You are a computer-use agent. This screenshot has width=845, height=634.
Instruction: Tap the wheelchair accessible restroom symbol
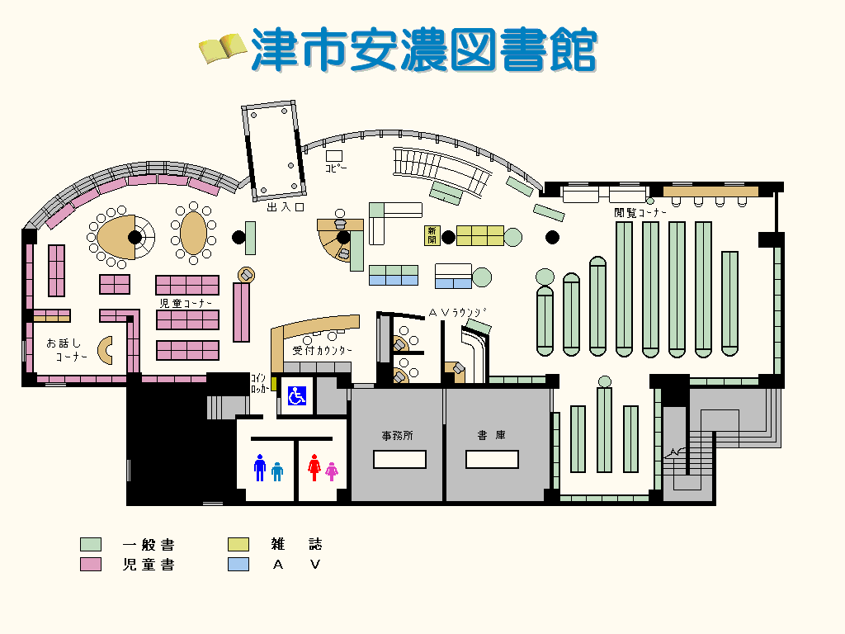[x=296, y=395]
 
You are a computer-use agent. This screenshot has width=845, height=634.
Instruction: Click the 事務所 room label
[x=397, y=435]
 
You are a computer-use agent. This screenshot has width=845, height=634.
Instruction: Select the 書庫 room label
[x=491, y=435]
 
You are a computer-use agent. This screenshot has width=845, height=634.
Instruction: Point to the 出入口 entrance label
[x=286, y=207]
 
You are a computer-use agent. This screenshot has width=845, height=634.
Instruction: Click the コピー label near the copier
[x=336, y=168]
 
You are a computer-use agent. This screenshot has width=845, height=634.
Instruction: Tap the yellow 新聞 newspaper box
[x=432, y=235]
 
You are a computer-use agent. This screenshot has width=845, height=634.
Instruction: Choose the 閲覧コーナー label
[x=640, y=212]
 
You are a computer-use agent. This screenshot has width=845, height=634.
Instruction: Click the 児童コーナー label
[x=186, y=304]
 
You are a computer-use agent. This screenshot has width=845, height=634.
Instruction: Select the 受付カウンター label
[x=323, y=351]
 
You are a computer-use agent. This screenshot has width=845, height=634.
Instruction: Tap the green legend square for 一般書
[x=91, y=545]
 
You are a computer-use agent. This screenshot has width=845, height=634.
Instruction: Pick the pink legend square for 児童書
[x=91, y=565]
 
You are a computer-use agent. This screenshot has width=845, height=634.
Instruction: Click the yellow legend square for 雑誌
[x=238, y=545]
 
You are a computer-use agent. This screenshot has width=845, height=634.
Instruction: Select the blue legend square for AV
[x=238, y=565]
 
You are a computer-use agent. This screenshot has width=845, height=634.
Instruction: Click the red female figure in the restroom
[x=314, y=468]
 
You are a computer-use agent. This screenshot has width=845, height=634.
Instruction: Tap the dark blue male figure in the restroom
[x=260, y=468]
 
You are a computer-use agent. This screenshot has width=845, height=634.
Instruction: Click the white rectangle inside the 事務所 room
[x=399, y=459]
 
